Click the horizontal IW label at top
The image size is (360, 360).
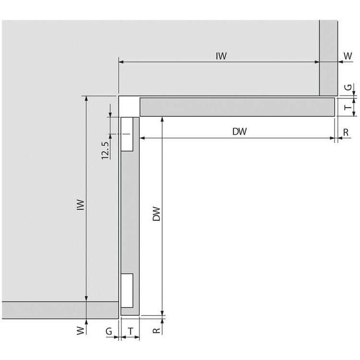[221, 56]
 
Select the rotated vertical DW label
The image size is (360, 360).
[156, 215]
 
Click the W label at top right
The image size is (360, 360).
[348, 56]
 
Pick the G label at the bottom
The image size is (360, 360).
[109, 331]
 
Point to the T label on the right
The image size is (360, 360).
[348, 108]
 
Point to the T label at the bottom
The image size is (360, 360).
[130, 331]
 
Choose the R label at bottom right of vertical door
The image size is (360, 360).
[156, 331]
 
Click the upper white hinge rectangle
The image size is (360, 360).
[127, 134]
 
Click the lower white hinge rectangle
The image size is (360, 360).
[127, 290]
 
